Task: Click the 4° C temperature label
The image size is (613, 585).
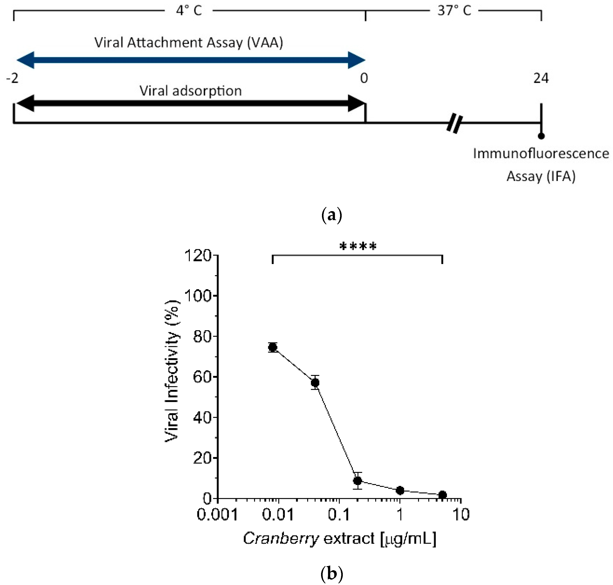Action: click(189, 11)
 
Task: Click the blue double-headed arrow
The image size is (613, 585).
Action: click(190, 60)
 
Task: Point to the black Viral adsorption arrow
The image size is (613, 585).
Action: click(190, 104)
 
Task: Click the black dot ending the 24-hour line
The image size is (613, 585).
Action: click(541, 136)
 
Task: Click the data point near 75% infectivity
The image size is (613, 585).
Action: click(273, 347)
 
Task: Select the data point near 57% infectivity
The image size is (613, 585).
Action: click(315, 382)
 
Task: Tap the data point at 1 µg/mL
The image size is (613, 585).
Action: click(400, 490)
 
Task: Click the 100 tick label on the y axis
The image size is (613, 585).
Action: click(198, 296)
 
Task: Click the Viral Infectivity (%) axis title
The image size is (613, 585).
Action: click(172, 371)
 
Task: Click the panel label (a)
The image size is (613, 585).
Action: click(332, 215)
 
